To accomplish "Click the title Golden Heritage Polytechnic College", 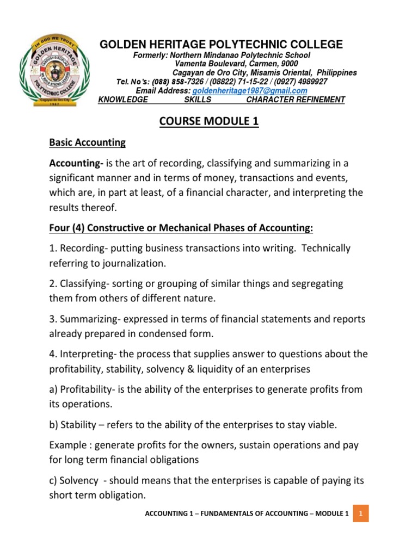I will point(221,45).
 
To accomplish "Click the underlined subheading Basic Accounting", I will point(88,143).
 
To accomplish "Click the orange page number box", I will point(360,513).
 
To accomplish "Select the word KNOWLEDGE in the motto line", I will point(122,100).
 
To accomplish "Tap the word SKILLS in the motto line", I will point(198,100).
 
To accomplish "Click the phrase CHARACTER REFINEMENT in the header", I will point(296,100).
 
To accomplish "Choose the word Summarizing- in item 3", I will point(90,319).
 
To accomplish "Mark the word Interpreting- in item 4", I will point(87,354).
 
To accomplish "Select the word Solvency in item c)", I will point(79,481).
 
